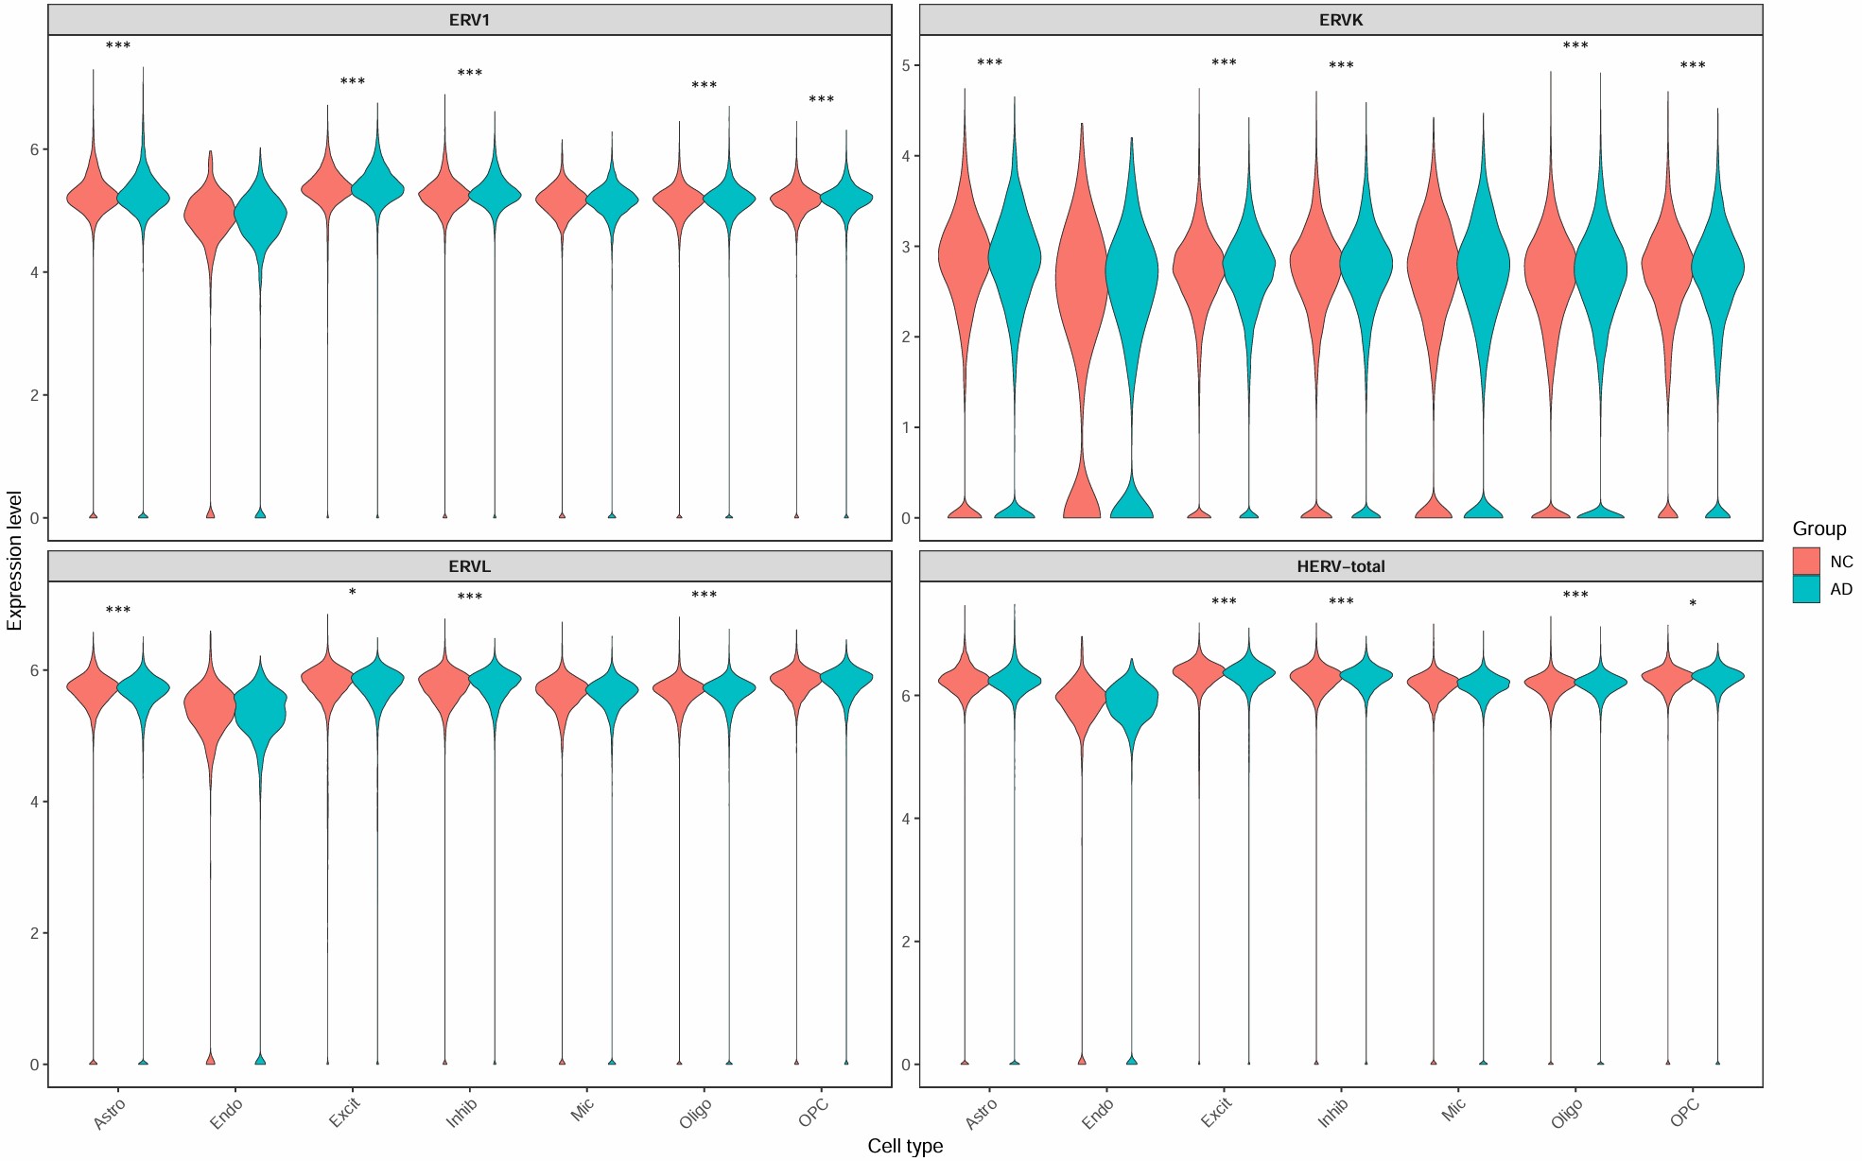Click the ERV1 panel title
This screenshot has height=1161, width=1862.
coord(469,20)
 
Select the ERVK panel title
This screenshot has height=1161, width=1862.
coord(1340,20)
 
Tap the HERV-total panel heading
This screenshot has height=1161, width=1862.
coord(1340,566)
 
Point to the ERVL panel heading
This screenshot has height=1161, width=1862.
coord(469,566)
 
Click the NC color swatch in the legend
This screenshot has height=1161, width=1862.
coord(1805,561)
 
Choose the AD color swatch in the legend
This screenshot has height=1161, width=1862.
coord(1805,589)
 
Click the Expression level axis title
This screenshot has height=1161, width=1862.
coord(14,561)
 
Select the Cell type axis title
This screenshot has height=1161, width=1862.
coord(905,1146)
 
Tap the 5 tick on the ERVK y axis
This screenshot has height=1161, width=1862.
coord(906,65)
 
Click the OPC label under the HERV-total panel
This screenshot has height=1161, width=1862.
coord(1685,1113)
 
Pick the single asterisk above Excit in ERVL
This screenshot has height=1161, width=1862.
coord(353,593)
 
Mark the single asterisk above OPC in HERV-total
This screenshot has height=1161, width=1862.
coord(1693,604)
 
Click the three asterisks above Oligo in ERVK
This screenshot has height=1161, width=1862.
coord(1575,46)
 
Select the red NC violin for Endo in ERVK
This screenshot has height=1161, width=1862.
coord(1081,284)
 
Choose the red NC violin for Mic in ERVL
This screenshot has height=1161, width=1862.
coord(562,691)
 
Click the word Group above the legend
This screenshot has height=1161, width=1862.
coord(1818,529)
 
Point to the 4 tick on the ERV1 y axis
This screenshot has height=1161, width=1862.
coord(35,272)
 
